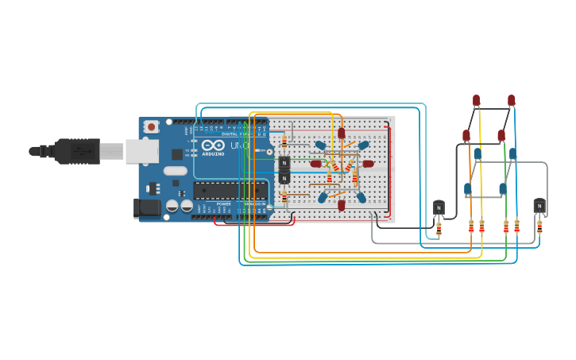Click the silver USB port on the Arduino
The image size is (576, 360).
[141, 151]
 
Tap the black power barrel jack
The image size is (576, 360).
[147, 208]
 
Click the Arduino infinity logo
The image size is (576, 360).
[212, 145]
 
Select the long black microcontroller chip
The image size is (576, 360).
[230, 190]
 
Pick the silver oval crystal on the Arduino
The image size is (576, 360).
[176, 170]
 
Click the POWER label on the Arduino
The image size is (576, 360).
[224, 204]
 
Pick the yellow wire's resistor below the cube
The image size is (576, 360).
[481, 227]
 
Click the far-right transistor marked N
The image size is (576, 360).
[539, 206]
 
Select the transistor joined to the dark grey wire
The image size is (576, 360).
[439, 207]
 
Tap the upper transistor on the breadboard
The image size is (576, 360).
[284, 163]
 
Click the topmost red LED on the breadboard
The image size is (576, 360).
[342, 134]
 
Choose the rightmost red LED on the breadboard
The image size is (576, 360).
[368, 164]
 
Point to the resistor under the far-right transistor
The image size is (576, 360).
[539, 227]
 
